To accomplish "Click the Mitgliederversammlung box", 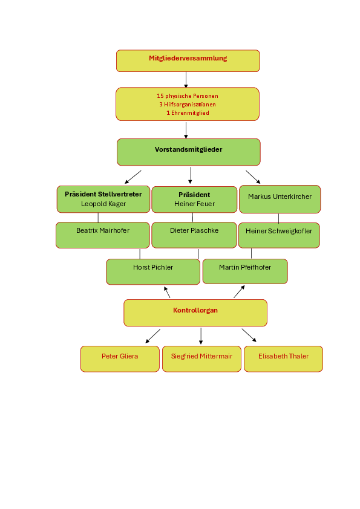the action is coord(188,60).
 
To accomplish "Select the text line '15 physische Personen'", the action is coord(188,96).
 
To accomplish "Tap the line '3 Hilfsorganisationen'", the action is coord(188,105).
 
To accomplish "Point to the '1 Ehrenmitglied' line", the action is coord(188,113).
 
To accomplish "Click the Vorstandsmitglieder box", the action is coord(188,152).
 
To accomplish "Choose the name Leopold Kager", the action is coord(103,204).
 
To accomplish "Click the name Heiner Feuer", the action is coord(194,204).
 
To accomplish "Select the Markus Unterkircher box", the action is coord(280,199).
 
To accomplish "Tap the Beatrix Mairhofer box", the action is coord(103,235).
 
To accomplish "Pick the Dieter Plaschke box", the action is coord(194,235).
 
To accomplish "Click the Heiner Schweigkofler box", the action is coord(279,235).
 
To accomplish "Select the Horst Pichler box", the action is coord(153,271).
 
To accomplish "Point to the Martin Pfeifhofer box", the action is coord(245,271).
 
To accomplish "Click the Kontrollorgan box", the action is coord(195,313).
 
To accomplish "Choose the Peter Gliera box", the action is coord(120,358).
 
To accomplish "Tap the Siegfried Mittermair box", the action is coord(201,358).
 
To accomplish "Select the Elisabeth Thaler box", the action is coord(283,358).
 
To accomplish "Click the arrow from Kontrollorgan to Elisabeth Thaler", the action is coord(249,336).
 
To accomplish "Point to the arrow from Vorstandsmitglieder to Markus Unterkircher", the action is coord(253,177).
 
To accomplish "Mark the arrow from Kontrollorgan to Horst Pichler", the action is coord(167,292).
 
